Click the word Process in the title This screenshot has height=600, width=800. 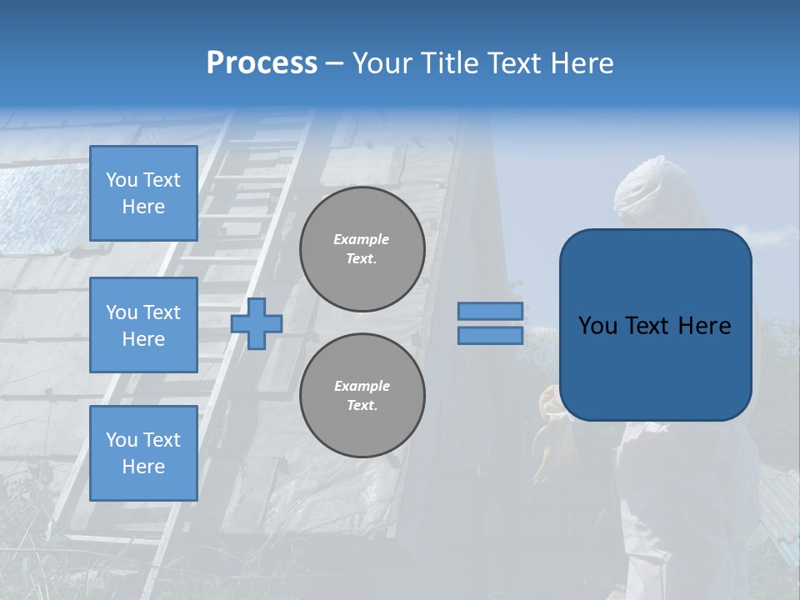pos(262,63)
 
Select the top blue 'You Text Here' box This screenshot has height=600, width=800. pos(143,193)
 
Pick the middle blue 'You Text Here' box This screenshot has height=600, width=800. pos(143,325)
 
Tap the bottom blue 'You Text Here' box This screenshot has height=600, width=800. pos(143,452)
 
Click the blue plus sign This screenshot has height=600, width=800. pos(257,323)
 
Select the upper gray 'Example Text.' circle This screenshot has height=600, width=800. pos(362,249)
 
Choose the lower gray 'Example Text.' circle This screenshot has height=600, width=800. pos(362,396)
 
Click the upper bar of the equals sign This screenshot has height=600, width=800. pos(491,311)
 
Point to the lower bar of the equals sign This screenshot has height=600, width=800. pos(491,336)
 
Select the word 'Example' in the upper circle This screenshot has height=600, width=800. pos(362,239)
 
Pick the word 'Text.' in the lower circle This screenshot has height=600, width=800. pos(362,406)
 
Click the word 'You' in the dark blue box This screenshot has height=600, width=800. pos(597,326)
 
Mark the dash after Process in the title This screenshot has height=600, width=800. pos(334,64)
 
